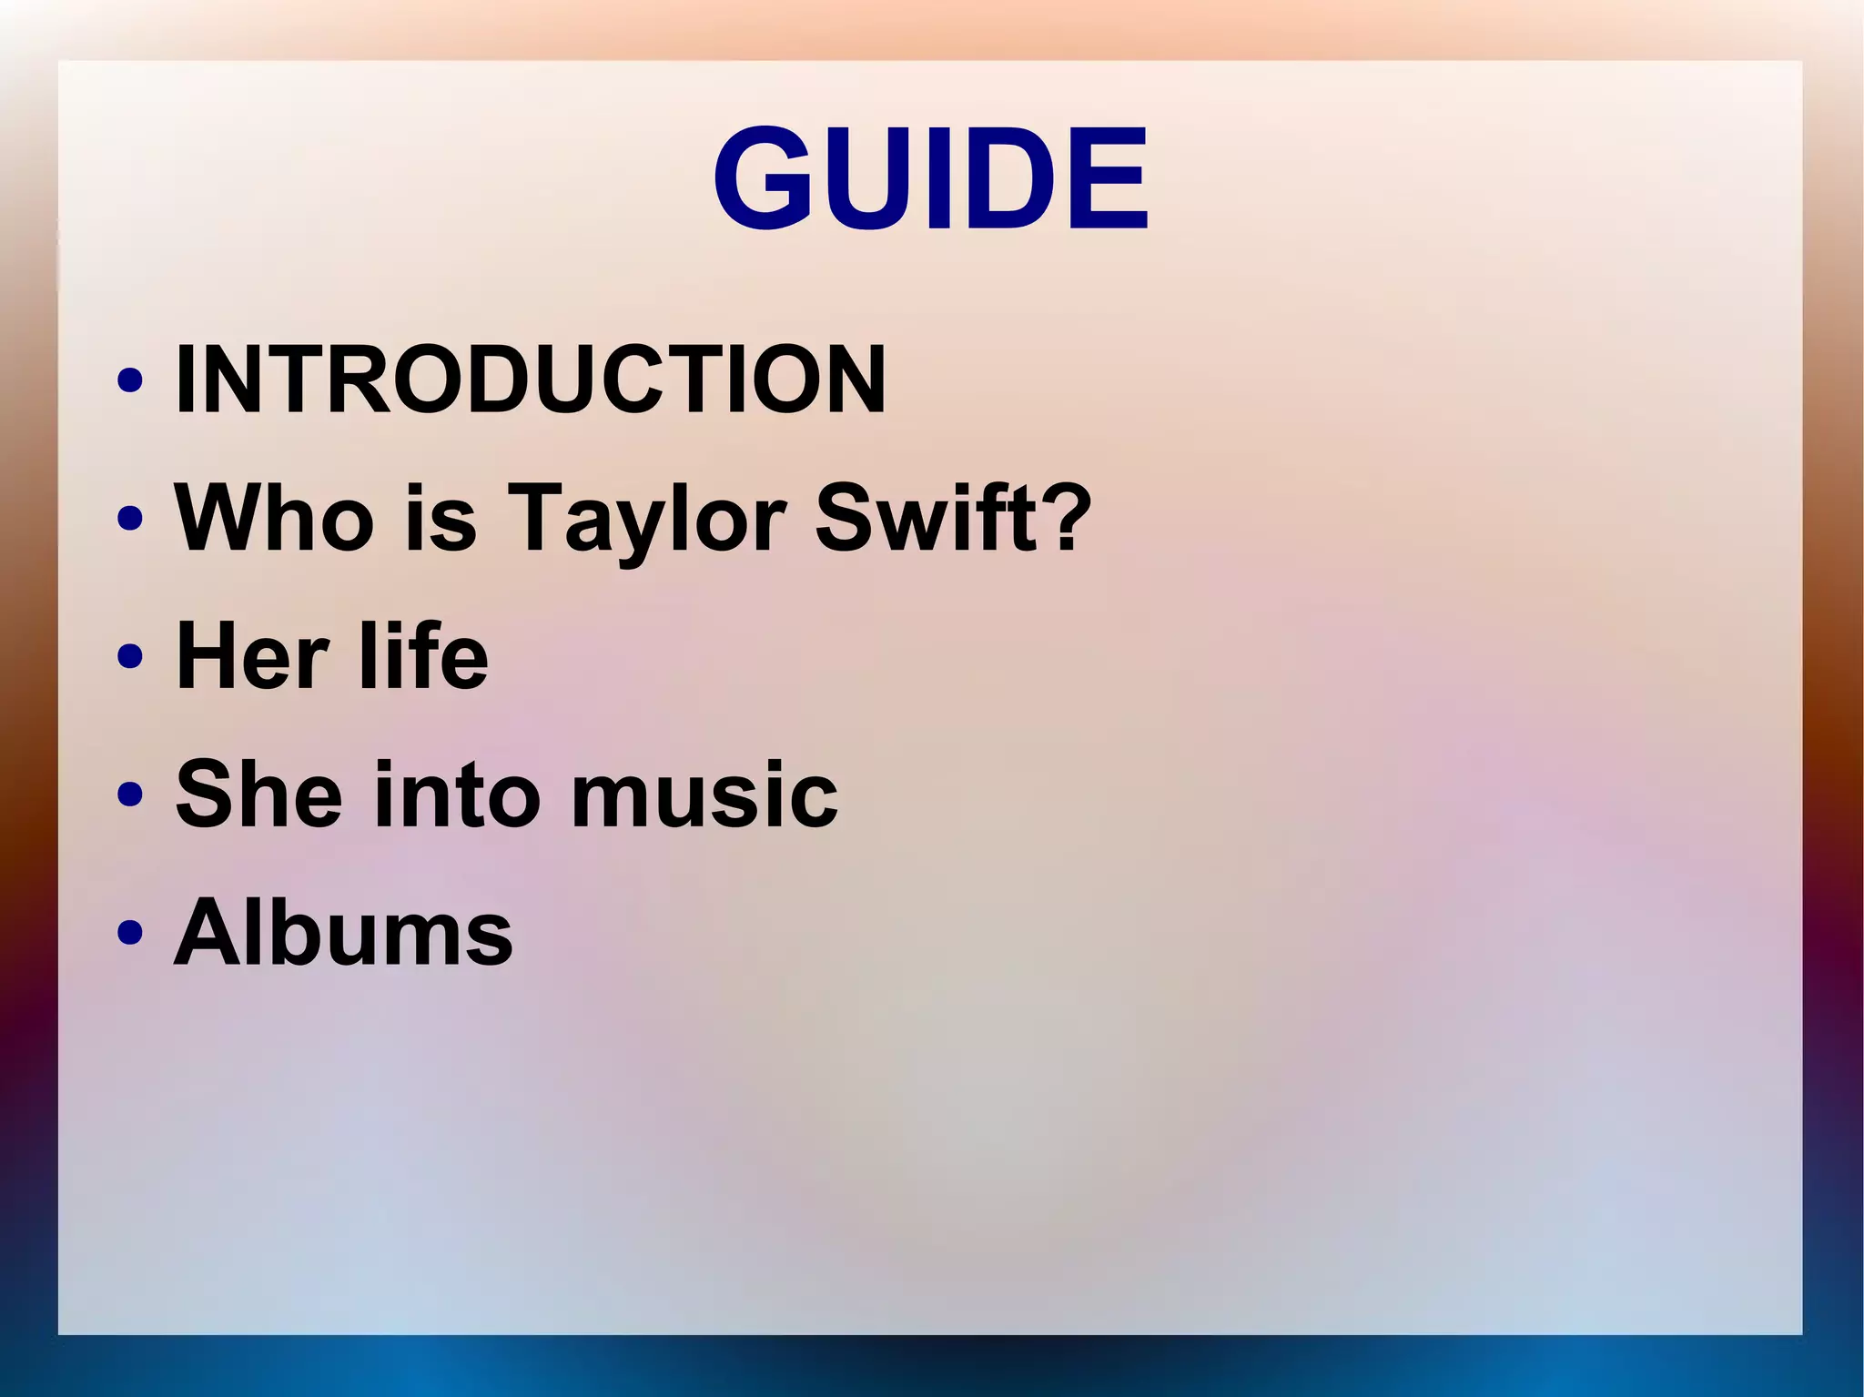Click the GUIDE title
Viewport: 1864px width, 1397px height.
click(x=930, y=178)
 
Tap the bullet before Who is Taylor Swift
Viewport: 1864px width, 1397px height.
click(x=130, y=518)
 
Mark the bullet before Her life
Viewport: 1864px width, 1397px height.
click(x=130, y=656)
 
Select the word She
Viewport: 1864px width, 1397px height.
click(x=258, y=794)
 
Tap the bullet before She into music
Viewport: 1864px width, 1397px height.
click(x=130, y=795)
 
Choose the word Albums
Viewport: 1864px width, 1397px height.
click(x=343, y=932)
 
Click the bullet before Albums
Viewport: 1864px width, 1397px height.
click(x=130, y=933)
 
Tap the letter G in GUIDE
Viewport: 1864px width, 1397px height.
click(x=765, y=178)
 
